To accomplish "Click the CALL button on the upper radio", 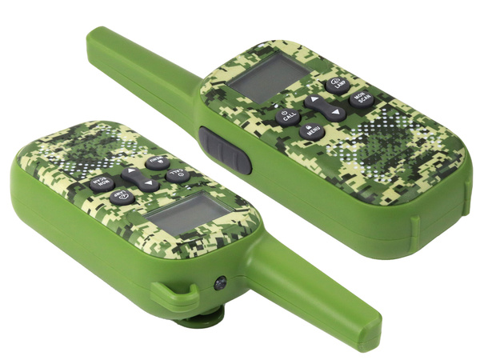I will point(286,116).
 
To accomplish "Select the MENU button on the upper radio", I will point(311,130).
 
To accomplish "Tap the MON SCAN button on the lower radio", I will point(101,182).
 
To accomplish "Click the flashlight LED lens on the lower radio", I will point(221,284).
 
